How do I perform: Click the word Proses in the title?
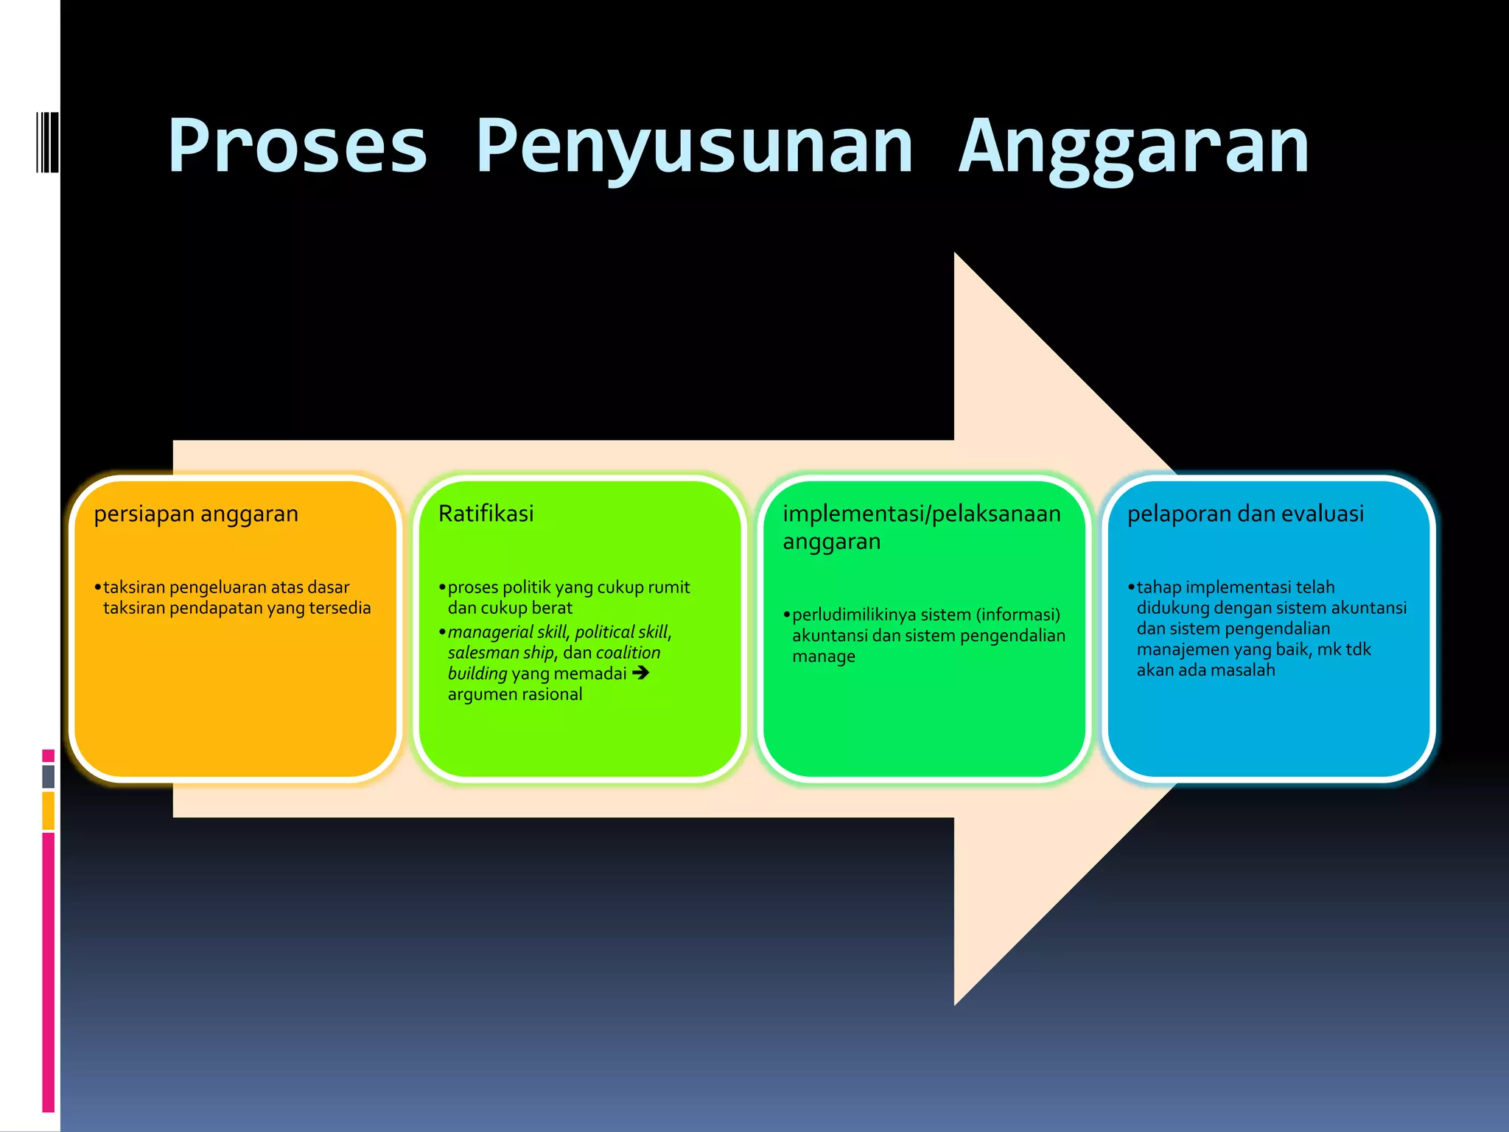298,146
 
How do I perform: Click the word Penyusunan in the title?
694,146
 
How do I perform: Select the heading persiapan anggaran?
196,514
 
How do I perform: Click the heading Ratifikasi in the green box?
486,514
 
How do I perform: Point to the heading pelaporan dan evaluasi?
1245,514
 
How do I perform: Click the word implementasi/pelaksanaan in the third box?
921,514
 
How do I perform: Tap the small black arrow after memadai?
640,672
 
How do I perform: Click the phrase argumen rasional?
514,694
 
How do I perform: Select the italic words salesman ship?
501,653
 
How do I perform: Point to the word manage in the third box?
824,656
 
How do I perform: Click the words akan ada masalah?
1205,670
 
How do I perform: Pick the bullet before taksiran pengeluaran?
97,587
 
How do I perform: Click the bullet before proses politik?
442,587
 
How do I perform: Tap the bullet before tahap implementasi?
1131,587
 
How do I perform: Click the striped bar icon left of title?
47,141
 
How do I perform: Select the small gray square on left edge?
48,776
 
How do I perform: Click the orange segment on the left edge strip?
48,810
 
